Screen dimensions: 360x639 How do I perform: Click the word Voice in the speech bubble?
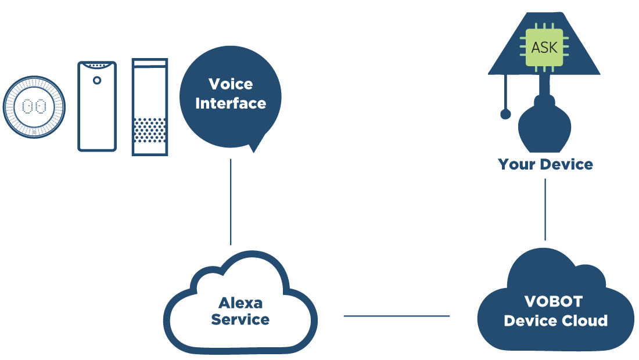tap(231, 84)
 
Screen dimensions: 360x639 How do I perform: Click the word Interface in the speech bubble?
tap(231, 103)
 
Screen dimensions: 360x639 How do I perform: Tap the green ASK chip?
tap(544, 47)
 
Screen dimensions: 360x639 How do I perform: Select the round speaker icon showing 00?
tap(34, 107)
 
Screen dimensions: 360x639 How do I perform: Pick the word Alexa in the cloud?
tap(240, 303)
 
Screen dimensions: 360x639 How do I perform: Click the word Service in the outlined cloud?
tap(240, 319)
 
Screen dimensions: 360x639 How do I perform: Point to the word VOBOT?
tap(554, 302)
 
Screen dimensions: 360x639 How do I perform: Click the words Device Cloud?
tap(556, 321)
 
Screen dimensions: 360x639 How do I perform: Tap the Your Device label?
tap(545, 164)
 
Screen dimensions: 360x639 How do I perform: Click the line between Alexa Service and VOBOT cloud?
tap(396, 316)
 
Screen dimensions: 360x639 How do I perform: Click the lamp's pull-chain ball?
tap(505, 114)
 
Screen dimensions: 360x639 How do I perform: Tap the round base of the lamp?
tap(544, 128)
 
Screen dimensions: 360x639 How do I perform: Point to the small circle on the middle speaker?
tap(97, 80)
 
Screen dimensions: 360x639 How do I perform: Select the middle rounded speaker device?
tap(97, 106)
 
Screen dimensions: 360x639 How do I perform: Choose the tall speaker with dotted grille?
tap(150, 106)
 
